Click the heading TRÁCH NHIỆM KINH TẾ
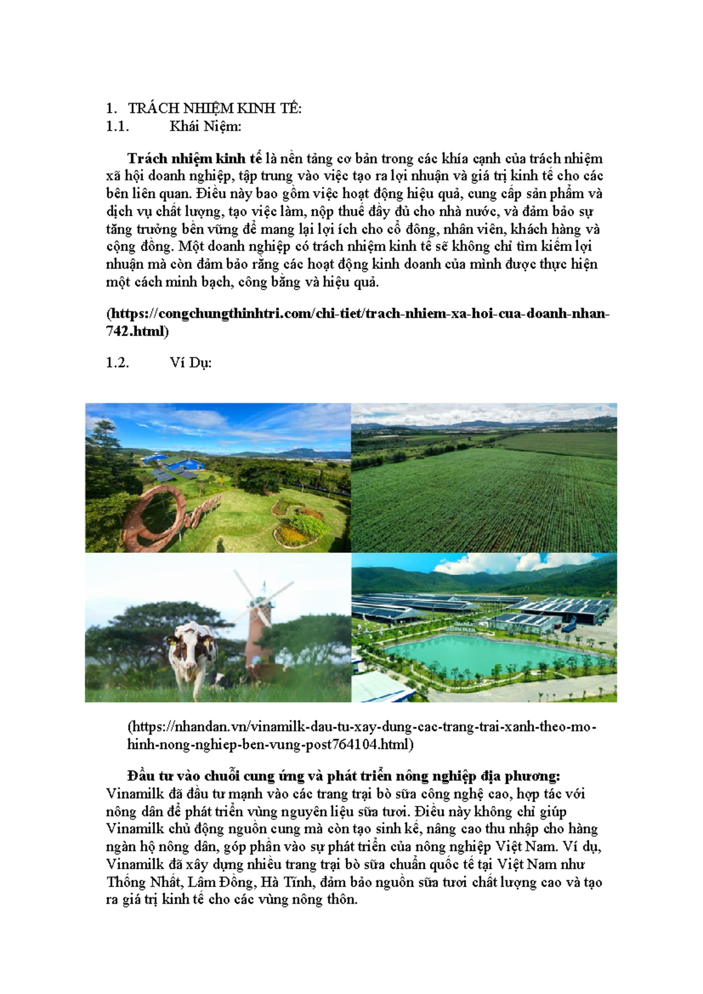point(214,108)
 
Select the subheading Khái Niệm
point(205,126)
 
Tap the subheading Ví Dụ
point(190,363)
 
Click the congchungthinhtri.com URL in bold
point(357,314)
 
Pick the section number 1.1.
point(117,126)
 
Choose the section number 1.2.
point(117,363)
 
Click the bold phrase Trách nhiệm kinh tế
point(194,159)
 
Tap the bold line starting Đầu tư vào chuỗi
point(343,776)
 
